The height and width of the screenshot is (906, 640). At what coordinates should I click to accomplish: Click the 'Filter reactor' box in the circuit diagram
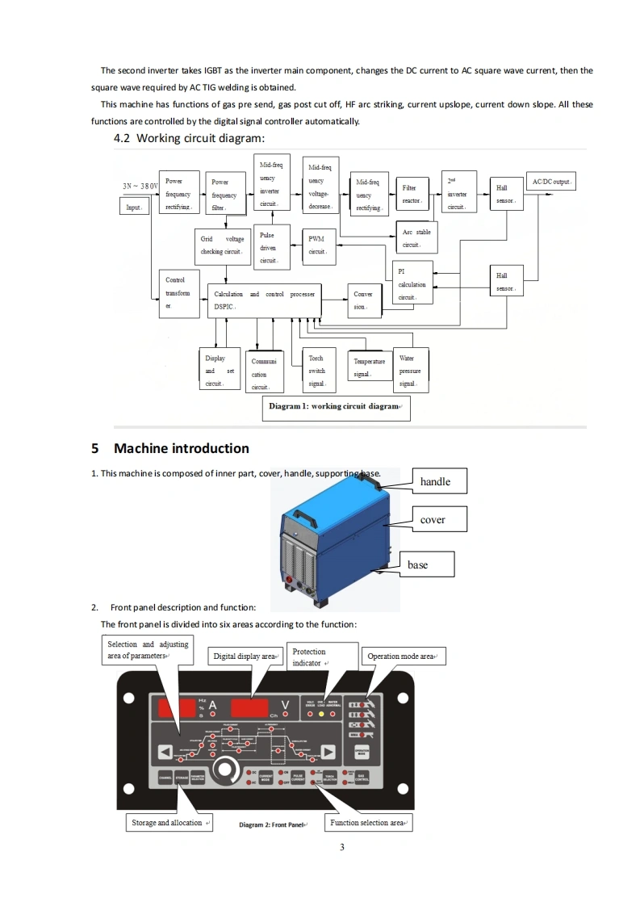[412, 194]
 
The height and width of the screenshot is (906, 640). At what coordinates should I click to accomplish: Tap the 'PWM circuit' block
[317, 245]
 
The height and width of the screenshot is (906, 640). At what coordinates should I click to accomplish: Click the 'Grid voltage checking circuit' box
[222, 245]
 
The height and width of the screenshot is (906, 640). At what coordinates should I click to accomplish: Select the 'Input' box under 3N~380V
[134, 208]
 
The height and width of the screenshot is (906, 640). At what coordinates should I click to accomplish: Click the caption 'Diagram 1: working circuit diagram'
[336, 407]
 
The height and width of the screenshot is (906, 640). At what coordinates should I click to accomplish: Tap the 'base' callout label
[417, 564]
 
